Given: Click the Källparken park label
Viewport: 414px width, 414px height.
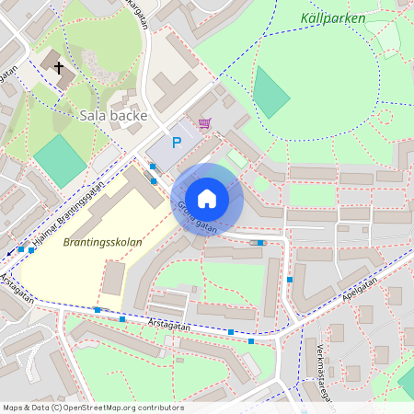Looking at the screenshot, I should [x=332, y=18].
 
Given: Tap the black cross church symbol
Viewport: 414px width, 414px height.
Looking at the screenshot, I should [x=60, y=67].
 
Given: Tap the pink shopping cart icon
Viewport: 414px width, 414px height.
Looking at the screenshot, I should [x=203, y=122].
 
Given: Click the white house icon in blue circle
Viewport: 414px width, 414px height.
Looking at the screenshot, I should [x=207, y=198].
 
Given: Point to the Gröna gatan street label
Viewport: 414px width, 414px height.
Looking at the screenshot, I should [x=197, y=217].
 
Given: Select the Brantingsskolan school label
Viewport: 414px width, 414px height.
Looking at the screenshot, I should [x=102, y=243].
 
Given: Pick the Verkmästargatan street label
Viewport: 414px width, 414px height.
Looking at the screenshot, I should [x=325, y=376].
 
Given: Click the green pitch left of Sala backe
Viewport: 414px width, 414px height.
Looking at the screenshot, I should [x=60, y=161].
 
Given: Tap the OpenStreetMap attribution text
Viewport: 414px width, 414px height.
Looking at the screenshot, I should [x=93, y=407].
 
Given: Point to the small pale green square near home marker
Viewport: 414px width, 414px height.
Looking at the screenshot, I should [x=236, y=159].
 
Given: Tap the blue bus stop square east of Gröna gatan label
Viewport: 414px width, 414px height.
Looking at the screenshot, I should [x=260, y=243].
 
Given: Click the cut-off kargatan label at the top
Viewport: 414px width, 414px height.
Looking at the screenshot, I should [x=134, y=13].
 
